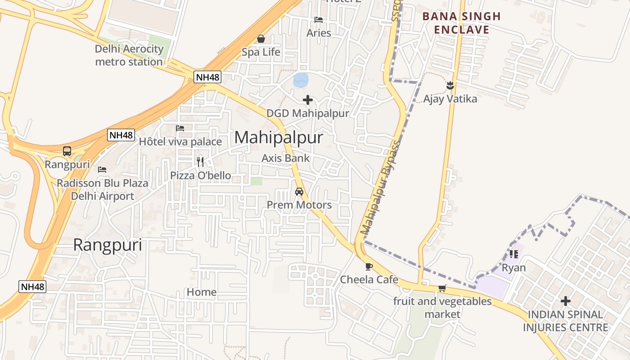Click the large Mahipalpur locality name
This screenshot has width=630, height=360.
[279, 137]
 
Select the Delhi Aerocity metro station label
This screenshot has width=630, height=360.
[129, 55]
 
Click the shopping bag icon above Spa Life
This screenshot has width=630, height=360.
[261, 39]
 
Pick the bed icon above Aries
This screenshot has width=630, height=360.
[319, 20]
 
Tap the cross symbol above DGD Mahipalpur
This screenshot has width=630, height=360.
[308, 100]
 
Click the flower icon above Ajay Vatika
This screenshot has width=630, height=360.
[450, 85]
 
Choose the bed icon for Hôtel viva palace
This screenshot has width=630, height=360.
[180, 128]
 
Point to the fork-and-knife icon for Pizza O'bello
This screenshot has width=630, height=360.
[200, 162]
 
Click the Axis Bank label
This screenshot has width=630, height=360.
[286, 158]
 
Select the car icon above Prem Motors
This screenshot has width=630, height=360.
[299, 192]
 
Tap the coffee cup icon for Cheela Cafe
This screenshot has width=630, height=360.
[369, 266]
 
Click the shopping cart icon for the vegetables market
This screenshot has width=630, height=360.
[442, 288]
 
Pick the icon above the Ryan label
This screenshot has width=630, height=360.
[513, 254]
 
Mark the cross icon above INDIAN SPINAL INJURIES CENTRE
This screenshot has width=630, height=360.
[566, 301]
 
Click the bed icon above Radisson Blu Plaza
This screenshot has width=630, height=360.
[102, 170]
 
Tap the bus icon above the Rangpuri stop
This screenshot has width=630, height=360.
[67, 151]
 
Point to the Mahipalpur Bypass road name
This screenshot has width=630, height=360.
[381, 189]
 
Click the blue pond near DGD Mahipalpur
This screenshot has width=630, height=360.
[301, 80]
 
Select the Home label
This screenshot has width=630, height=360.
[202, 292]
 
